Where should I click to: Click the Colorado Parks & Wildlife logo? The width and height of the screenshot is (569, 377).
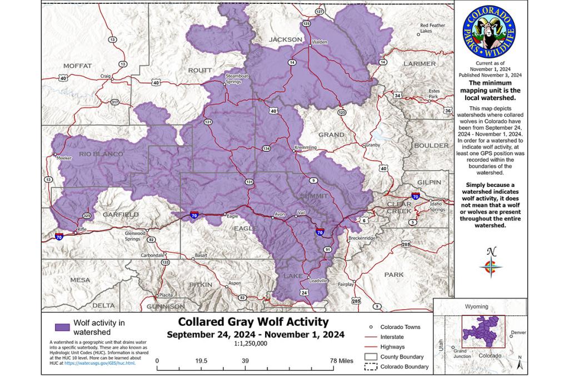point(488,32)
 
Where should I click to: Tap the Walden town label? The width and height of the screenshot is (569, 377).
point(320,42)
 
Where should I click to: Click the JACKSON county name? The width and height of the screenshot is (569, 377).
point(285,39)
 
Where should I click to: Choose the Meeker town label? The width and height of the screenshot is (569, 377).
point(64,158)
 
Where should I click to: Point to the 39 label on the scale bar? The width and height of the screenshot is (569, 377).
point(244,361)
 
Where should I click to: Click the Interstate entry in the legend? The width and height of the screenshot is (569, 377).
point(393,337)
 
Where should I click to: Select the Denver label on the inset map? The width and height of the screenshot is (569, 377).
point(518,333)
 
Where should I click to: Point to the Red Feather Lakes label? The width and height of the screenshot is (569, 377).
point(433,28)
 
